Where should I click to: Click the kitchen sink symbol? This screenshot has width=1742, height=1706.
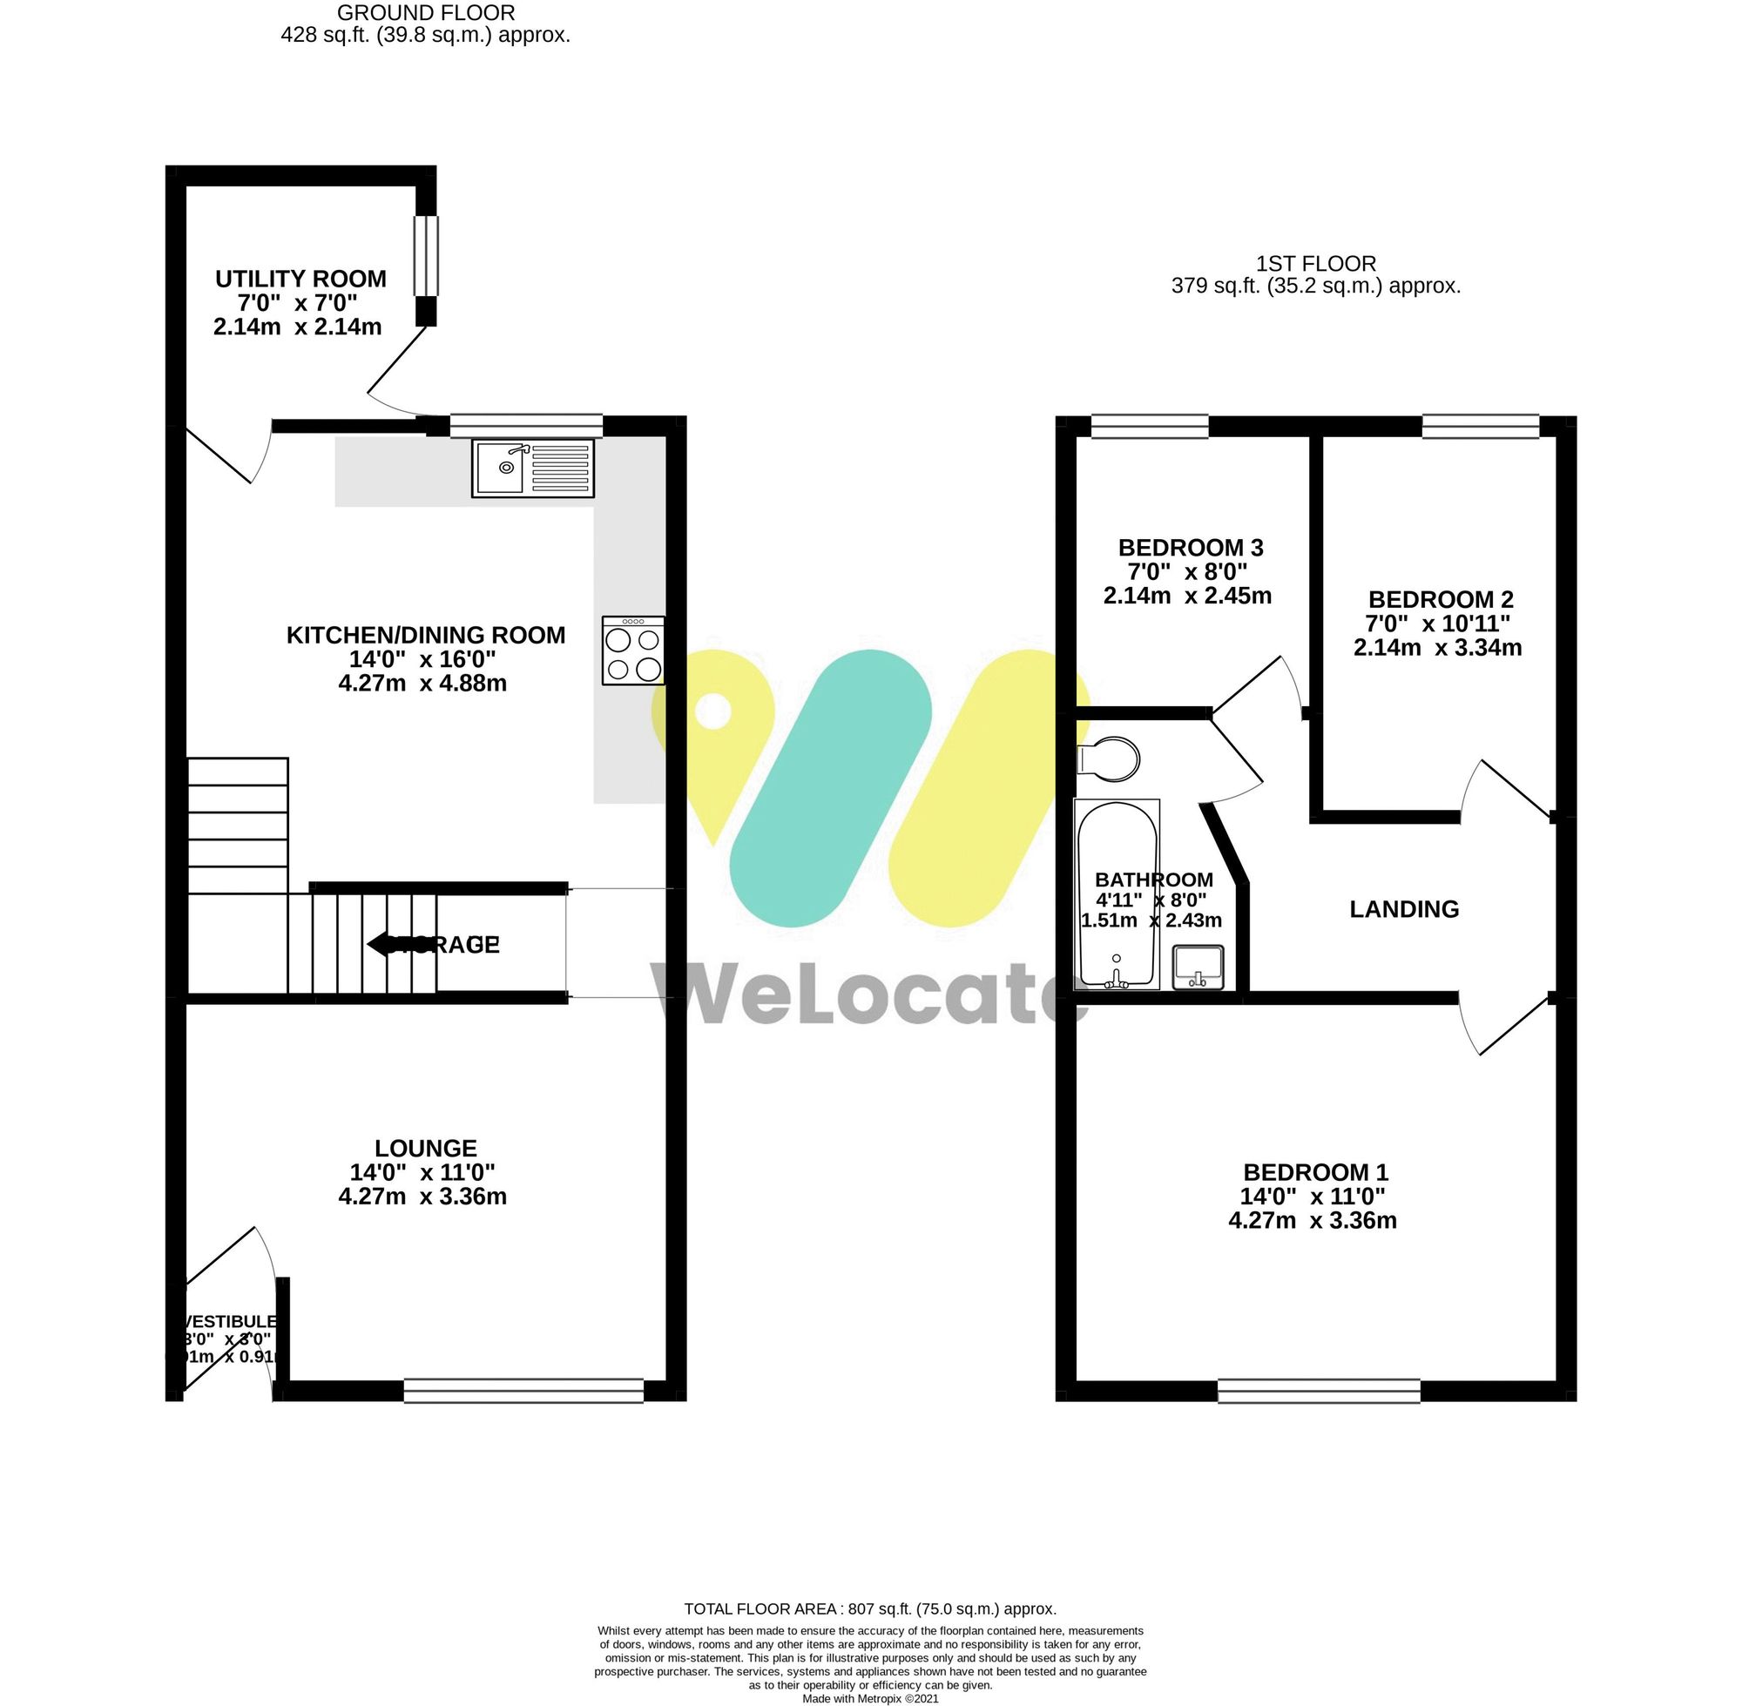pyautogui.click(x=532, y=468)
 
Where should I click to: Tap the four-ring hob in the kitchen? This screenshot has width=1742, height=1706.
pyautogui.click(x=633, y=651)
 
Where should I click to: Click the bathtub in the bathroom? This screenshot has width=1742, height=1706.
pyautogui.click(x=1117, y=895)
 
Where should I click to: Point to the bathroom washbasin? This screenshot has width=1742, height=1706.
pyautogui.click(x=1198, y=968)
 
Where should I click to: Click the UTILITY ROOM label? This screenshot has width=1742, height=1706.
pyautogui.click(x=300, y=279)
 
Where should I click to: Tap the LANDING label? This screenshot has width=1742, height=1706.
pyautogui.click(x=1403, y=909)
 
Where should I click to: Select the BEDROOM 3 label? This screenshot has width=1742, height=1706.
pyautogui.click(x=1190, y=548)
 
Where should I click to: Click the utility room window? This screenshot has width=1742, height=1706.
pyautogui.click(x=426, y=255)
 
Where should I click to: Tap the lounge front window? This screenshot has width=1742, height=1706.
pyautogui.click(x=523, y=1390)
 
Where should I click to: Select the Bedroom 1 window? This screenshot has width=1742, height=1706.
pyautogui.click(x=1318, y=1390)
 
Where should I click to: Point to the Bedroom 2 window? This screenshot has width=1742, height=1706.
pyautogui.click(x=1480, y=427)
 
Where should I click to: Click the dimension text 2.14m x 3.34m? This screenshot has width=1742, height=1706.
pyautogui.click(x=1436, y=648)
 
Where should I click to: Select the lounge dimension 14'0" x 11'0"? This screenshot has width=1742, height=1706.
pyautogui.click(x=422, y=1172)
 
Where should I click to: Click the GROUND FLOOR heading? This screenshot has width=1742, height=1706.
pyautogui.click(x=426, y=13)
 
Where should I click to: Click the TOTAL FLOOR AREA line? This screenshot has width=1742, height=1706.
pyautogui.click(x=870, y=1609)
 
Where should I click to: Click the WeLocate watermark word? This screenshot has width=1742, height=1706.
pyautogui.click(x=869, y=993)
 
